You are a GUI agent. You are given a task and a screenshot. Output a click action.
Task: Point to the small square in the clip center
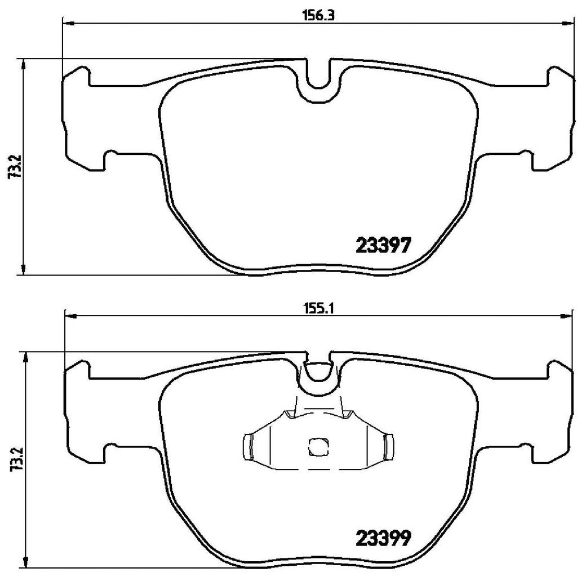pos(318,447)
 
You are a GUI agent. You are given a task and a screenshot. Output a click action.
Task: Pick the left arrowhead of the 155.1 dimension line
pos(69,317)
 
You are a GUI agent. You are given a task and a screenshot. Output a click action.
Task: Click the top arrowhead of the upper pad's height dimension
pos(23,63)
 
